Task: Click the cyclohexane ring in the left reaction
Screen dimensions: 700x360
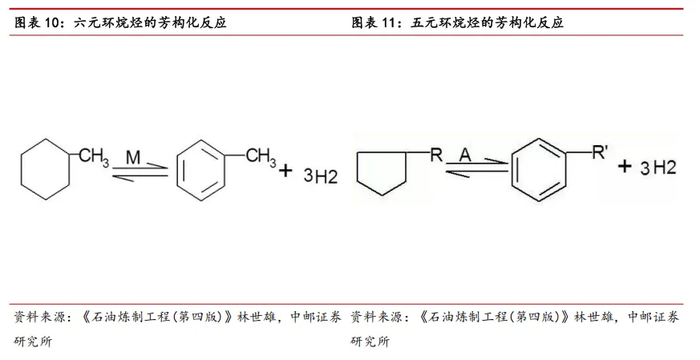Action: point(22,169)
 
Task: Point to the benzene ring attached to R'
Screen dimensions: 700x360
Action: point(512,170)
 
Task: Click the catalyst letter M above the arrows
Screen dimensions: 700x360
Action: point(133,157)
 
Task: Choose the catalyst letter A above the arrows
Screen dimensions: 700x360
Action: point(465,155)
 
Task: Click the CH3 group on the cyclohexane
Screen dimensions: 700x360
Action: point(94,157)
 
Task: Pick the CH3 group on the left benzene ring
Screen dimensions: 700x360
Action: point(261,157)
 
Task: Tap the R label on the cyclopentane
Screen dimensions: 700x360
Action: point(436,155)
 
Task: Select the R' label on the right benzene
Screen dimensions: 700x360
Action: point(599,152)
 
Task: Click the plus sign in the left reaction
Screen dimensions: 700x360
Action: point(285,170)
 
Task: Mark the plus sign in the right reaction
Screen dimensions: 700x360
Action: point(625,166)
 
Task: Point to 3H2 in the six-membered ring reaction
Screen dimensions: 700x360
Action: point(321,176)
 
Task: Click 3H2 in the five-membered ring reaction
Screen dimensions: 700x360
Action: point(658,168)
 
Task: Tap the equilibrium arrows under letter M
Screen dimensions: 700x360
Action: point(140,172)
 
